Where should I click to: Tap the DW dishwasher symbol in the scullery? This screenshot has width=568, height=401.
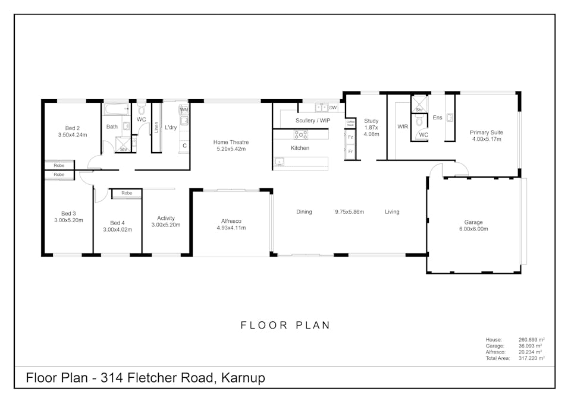pos(332,108)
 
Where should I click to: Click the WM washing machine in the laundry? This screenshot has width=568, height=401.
pos(184,110)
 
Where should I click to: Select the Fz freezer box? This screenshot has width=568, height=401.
pos(350,137)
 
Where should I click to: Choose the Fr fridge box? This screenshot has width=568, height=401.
pos(350,151)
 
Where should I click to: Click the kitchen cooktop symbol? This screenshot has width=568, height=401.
pos(300,134)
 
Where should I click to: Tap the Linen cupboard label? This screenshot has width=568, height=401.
pos(156,127)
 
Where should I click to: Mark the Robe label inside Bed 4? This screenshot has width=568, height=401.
pos(126,193)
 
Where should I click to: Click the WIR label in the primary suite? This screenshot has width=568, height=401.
pos(403,127)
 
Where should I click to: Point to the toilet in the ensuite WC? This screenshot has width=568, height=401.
pos(419,121)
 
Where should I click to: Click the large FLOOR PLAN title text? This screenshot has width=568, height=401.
pos(285,325)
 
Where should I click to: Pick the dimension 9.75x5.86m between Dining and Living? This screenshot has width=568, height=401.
pos(349,211)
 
